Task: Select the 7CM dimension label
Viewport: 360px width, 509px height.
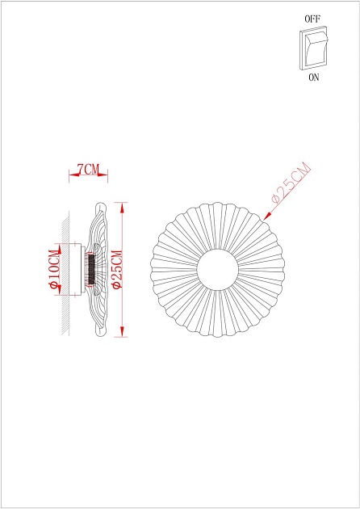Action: [87, 170]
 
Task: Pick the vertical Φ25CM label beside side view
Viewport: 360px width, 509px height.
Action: [116, 268]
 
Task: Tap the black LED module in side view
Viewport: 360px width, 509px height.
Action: [91, 268]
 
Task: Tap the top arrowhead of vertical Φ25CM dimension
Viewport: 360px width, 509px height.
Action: [123, 205]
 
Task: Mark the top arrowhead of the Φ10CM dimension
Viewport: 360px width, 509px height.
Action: [59, 246]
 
